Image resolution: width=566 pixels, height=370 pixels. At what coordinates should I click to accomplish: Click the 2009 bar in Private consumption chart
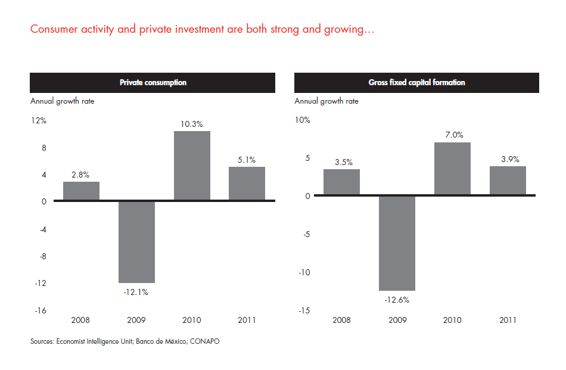pos(136,242)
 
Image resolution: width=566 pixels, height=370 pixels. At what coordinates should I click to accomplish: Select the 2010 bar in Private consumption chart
pos(192,166)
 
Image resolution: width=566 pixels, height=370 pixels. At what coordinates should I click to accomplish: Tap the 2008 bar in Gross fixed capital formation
pos(341,182)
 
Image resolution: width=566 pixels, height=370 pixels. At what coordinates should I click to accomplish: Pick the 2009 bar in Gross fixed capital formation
pos(397,242)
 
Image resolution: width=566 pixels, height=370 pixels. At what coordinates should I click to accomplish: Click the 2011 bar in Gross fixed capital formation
pos(508,180)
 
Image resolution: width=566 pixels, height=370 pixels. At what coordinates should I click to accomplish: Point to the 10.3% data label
pos(192,125)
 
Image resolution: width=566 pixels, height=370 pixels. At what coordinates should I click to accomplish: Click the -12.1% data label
pos(136,292)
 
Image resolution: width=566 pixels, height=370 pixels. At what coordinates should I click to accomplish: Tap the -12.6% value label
pos(397,299)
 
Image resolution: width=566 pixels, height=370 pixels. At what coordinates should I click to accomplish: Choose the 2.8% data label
pos(80,175)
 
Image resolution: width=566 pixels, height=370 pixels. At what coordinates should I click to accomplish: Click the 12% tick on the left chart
pos(39,120)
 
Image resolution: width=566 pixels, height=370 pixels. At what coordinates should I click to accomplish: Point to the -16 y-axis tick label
pos(40,310)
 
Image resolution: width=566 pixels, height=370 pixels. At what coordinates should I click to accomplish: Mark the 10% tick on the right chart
pos(303,120)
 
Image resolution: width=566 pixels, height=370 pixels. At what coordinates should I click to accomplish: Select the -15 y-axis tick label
pos(304,310)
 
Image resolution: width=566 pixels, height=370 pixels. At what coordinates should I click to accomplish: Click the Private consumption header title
pos(153,83)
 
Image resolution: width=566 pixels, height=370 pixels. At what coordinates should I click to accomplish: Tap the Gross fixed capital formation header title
pos(416,83)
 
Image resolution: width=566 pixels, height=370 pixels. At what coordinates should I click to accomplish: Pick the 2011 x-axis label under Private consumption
pos(246,320)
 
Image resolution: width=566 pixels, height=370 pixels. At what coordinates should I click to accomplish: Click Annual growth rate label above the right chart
pos(326,101)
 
